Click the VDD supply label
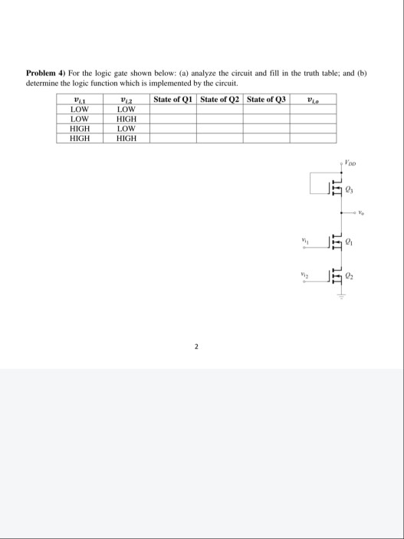pyautogui.click(x=352, y=162)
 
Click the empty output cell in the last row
pyautogui.click(x=313, y=139)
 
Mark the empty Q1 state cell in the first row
pyautogui.click(x=173, y=109)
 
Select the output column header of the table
pyautogui.click(x=313, y=99)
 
